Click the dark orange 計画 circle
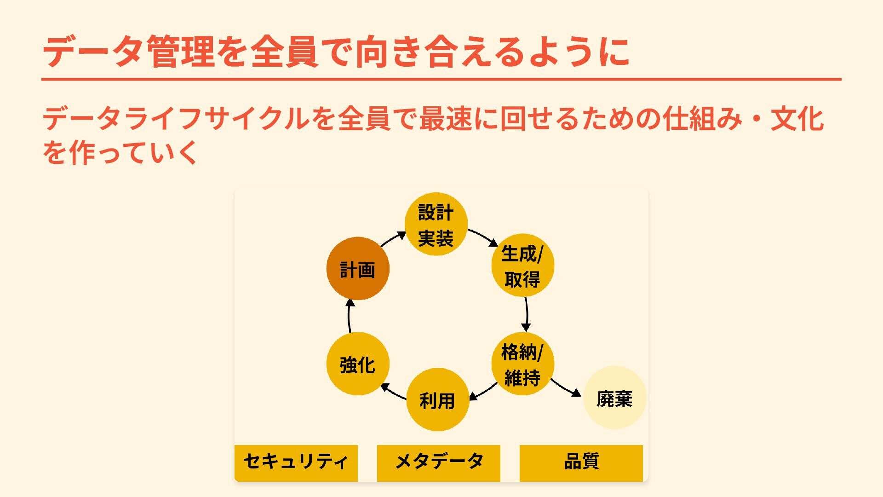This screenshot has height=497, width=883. [358, 269]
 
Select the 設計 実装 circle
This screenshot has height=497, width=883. [436, 224]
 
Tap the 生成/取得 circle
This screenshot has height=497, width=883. [522, 266]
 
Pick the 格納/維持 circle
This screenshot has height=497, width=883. [522, 364]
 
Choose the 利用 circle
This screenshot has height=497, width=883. [437, 400]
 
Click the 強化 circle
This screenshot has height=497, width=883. [358, 364]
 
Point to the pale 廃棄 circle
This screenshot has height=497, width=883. [614, 398]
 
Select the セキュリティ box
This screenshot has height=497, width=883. [296, 462]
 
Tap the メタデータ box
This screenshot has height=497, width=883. [438, 462]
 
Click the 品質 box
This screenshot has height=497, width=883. [581, 462]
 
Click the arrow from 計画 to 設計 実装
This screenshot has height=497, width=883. [393, 239]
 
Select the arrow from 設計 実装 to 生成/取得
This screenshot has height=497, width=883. [483, 237]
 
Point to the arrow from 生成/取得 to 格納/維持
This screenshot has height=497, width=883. [526, 314]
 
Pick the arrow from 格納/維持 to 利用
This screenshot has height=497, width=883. [483, 392]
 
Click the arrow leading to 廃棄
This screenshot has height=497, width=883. [566, 388]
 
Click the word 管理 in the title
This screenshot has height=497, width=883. [181, 52]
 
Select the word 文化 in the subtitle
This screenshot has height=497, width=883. [797, 119]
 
